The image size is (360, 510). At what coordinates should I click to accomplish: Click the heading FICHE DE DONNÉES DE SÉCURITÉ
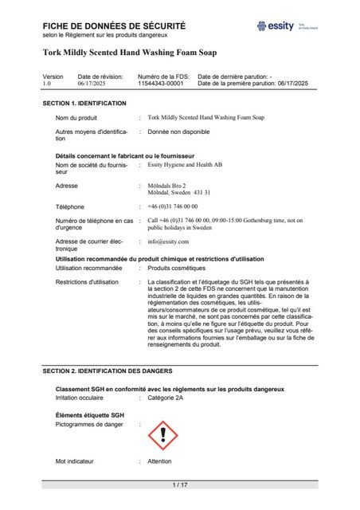[x=114, y=26]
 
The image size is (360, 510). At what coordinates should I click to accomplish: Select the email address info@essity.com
[x=168, y=241]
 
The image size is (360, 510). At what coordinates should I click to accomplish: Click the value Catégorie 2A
[x=166, y=396]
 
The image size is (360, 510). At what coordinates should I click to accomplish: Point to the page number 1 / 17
[x=180, y=485]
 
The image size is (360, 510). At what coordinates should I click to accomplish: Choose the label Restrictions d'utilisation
[x=87, y=282]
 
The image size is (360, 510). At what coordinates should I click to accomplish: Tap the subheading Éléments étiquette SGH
[x=89, y=415]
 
